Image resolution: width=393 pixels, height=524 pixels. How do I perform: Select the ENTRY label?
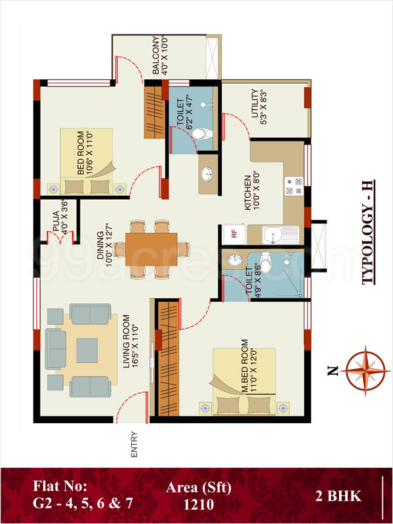[x=134, y=438]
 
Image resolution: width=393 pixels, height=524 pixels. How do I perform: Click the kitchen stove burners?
[x=293, y=186]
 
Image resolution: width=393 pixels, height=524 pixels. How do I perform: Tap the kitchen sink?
[x=273, y=234]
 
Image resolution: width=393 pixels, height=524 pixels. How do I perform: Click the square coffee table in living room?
[x=86, y=349]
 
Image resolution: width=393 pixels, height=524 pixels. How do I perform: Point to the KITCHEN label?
[x=249, y=192]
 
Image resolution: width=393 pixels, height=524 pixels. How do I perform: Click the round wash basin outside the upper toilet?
[x=205, y=174]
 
